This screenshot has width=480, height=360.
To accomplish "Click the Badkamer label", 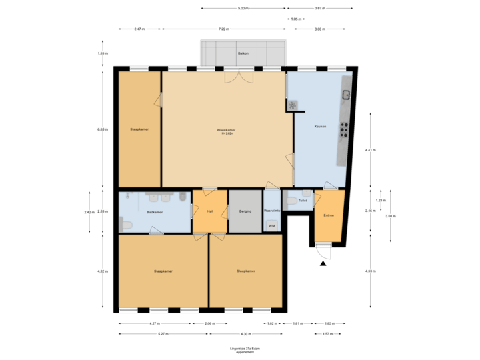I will (155, 213).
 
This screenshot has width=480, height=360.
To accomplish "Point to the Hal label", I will (209, 211).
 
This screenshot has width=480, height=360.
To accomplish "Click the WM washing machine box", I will (271, 227).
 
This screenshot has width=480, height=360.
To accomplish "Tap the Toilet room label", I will (302, 200).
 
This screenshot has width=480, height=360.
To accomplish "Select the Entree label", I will (329, 215).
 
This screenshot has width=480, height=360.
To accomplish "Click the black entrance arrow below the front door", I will (324, 264).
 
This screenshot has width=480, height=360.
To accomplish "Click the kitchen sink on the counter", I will (346, 93).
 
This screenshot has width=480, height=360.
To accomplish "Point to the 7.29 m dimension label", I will (223, 29).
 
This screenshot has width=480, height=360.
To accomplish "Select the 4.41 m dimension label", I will (370, 150).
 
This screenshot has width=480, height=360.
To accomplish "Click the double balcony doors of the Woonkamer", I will (239, 75).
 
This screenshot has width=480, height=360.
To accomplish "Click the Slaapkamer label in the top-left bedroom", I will (139, 129).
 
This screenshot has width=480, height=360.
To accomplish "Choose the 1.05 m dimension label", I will (296, 19).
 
